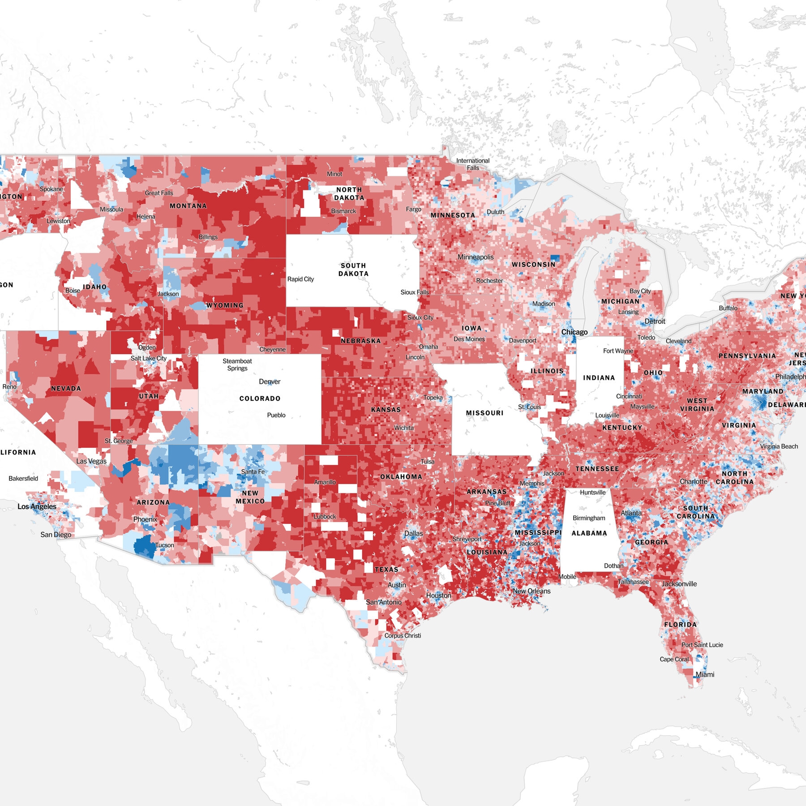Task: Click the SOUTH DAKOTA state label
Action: pyautogui.click(x=353, y=270)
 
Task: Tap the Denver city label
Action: pyautogui.click(x=270, y=382)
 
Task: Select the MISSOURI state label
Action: pyautogui.click(x=484, y=413)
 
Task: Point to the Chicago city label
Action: pyautogui.click(x=574, y=332)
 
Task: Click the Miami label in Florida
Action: pyautogui.click(x=705, y=674)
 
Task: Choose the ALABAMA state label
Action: pyautogui.click(x=589, y=533)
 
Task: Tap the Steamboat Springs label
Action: pyautogui.click(x=237, y=364)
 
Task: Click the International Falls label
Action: pyautogui.click(x=473, y=164)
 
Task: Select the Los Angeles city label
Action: pyautogui.click(x=37, y=506)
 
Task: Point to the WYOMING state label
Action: pyautogui.click(x=225, y=305)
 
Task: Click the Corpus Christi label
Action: pyautogui.click(x=403, y=635)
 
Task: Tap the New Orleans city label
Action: pyautogui.click(x=532, y=591)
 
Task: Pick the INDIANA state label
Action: pyautogui.click(x=599, y=377)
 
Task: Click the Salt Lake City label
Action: pyautogui.click(x=148, y=358)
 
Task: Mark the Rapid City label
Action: pyautogui.click(x=300, y=279)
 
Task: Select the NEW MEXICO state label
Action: pyautogui.click(x=250, y=497)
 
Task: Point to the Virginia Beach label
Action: pyautogui.click(x=779, y=446)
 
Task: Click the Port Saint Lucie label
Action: pyautogui.click(x=702, y=645)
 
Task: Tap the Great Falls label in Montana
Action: pyautogui.click(x=159, y=193)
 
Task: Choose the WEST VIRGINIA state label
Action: pyautogui.click(x=697, y=405)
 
